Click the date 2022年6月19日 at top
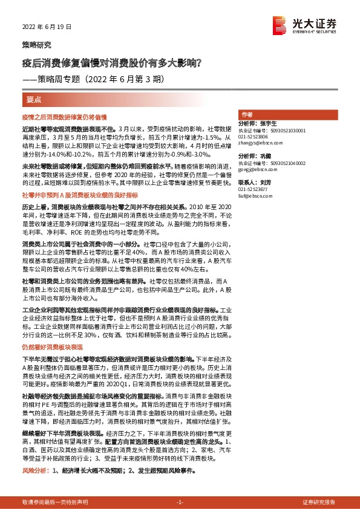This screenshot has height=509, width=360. tap(47, 27)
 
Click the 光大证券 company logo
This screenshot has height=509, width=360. tap(305, 25)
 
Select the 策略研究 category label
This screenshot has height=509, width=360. tap(36, 45)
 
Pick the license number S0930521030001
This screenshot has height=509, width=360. tap(288, 130)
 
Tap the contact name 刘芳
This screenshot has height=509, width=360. tap(266, 182)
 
